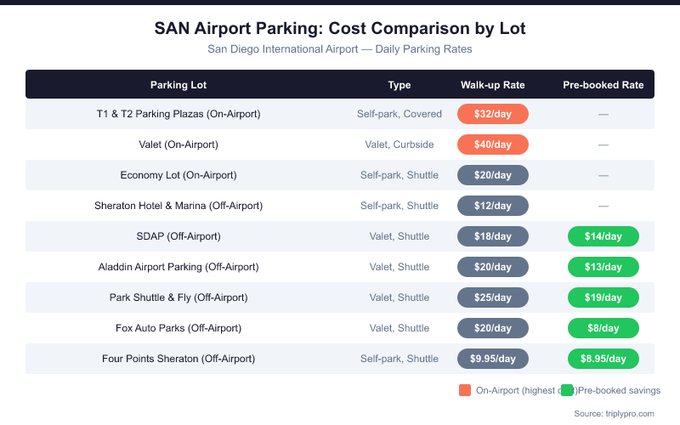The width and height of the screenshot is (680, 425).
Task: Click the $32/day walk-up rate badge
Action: pyautogui.click(x=493, y=114)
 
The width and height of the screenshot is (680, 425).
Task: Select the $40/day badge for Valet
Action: pyautogui.click(x=493, y=144)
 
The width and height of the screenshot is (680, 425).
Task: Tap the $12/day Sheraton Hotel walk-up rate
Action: pyautogui.click(x=493, y=206)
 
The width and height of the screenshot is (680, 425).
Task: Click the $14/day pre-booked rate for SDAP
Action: pyautogui.click(x=603, y=236)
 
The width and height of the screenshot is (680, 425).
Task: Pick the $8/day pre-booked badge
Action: pyautogui.click(x=603, y=328)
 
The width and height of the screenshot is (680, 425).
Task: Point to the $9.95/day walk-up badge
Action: pyautogui.click(x=493, y=359)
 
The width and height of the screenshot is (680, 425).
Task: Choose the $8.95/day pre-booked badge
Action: pyautogui.click(x=603, y=359)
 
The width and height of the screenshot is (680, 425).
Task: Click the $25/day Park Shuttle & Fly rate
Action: pyautogui.click(x=493, y=297)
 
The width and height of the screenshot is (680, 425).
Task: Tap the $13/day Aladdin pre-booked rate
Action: pyautogui.click(x=603, y=267)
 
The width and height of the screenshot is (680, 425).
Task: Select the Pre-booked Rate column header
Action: pyautogui.click(x=603, y=85)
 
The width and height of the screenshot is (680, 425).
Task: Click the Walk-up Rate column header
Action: pyautogui.click(x=493, y=85)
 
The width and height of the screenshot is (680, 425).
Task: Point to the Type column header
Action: pyautogui.click(x=399, y=85)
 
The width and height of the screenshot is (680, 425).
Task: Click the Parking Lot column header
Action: pyautogui.click(x=178, y=85)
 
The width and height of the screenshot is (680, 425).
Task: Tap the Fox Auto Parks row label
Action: pyautogui.click(x=178, y=328)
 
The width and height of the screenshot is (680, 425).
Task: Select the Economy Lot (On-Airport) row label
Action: pyautogui.click(x=178, y=175)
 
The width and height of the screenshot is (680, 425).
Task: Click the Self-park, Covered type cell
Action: pyautogui.click(x=399, y=114)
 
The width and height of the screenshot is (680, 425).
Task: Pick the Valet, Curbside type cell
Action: pyautogui.click(x=399, y=144)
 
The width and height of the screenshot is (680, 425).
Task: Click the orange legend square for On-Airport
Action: pyautogui.click(x=465, y=390)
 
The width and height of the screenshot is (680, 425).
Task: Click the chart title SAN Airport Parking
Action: pyautogui.click(x=340, y=29)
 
